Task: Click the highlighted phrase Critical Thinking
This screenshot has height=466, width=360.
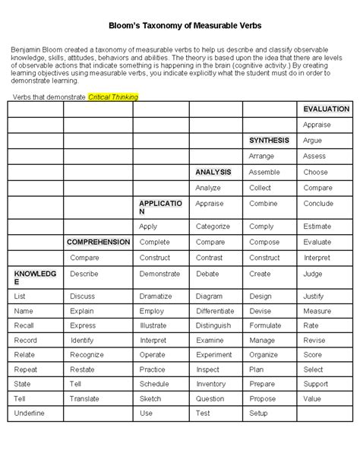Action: (113, 98)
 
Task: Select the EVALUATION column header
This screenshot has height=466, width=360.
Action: (326, 109)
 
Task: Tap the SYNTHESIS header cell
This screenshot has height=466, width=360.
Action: (269, 141)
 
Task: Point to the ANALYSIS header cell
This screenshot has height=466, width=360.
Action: (213, 172)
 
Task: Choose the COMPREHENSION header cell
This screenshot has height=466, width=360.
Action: (99, 242)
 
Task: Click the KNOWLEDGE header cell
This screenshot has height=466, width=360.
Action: (34, 277)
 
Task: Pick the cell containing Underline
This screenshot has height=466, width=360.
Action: (30, 413)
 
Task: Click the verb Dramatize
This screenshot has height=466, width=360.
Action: (156, 296)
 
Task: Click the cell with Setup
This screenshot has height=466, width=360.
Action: (258, 413)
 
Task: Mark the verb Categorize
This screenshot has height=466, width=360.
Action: (213, 227)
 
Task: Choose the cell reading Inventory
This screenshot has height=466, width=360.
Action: (210, 384)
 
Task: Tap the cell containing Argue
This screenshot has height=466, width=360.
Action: (312, 141)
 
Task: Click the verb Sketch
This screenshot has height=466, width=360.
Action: (150, 398)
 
